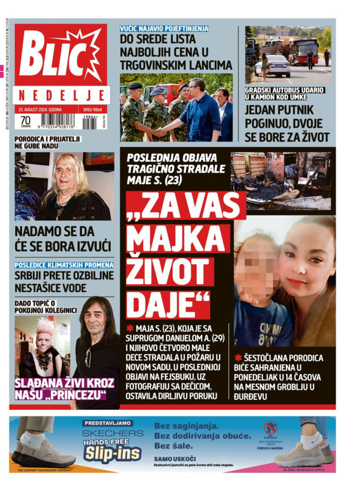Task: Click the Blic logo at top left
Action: pos(60,55)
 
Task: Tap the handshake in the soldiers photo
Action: pos(161,131)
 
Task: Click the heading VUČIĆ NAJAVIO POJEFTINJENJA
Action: pos(164,28)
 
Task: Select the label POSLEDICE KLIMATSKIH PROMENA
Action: pos(64,265)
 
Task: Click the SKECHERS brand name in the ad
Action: pos(112,433)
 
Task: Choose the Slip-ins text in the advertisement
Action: pos(112,453)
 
